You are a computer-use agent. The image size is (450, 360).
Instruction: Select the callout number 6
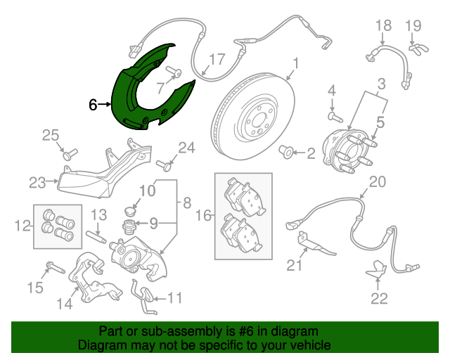93,105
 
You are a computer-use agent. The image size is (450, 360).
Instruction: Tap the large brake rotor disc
253,116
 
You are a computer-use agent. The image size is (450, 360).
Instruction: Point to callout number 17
217,60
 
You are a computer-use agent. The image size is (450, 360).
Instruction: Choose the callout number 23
37,183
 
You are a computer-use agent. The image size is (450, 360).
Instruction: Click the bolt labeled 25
70,154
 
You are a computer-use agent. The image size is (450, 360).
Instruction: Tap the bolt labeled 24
164,166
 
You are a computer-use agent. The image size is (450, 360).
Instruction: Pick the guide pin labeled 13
96,237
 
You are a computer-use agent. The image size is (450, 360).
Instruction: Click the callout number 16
203,215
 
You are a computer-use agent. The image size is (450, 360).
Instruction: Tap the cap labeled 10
131,210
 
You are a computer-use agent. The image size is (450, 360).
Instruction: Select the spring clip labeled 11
143,297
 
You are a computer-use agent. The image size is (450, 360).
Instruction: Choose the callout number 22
379,298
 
